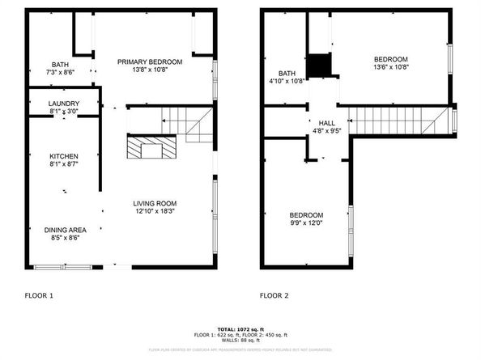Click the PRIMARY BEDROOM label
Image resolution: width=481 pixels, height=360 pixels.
[x=149, y=61]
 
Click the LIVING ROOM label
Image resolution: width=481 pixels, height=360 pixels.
[x=155, y=203]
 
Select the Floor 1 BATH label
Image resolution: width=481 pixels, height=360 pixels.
[x=61, y=65]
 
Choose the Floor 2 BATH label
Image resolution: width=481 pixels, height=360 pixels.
[x=287, y=73]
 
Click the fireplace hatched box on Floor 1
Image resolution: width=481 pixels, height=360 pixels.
[x=149, y=147]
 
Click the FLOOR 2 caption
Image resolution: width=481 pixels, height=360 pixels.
[x=274, y=296]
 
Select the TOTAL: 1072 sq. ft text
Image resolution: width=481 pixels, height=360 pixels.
[x=240, y=329]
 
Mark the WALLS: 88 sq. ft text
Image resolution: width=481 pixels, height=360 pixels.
[x=240, y=340]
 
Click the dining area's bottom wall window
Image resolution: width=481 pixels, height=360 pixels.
[x=62, y=265]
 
